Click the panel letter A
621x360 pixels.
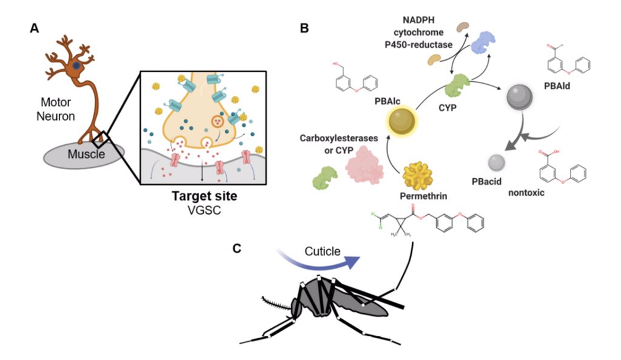35,28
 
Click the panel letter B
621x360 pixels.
304,28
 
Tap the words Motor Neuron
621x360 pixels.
58,109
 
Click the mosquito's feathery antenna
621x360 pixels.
275,301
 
